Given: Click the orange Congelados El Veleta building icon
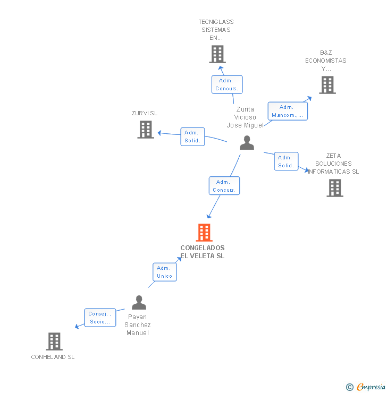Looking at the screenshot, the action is [204, 233].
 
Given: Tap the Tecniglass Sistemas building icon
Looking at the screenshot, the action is [217, 54].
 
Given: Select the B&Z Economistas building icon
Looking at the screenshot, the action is [327, 85].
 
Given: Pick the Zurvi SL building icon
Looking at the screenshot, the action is [146, 130].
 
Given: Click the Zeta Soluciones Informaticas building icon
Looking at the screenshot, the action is [334, 188].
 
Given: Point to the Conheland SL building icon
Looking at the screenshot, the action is [54, 341].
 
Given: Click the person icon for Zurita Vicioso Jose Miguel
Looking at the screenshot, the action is [247, 143].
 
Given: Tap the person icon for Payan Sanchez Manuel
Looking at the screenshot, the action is [139, 303].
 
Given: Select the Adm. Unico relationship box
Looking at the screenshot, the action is [164, 272].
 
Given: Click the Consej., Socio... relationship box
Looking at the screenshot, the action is [100, 318].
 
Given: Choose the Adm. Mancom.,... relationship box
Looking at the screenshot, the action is [287, 111].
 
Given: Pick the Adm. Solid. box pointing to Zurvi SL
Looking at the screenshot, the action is [192, 136].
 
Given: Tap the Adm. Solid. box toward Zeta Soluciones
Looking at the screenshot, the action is [286, 161].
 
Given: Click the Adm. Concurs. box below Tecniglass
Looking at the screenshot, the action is [227, 85].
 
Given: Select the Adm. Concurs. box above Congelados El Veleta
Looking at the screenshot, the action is [224, 186].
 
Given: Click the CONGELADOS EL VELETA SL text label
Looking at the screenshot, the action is [203, 252].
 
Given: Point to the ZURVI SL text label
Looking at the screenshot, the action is [145, 113].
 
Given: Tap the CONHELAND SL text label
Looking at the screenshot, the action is [53, 357].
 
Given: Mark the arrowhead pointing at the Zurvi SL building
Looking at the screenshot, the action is [159, 133].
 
